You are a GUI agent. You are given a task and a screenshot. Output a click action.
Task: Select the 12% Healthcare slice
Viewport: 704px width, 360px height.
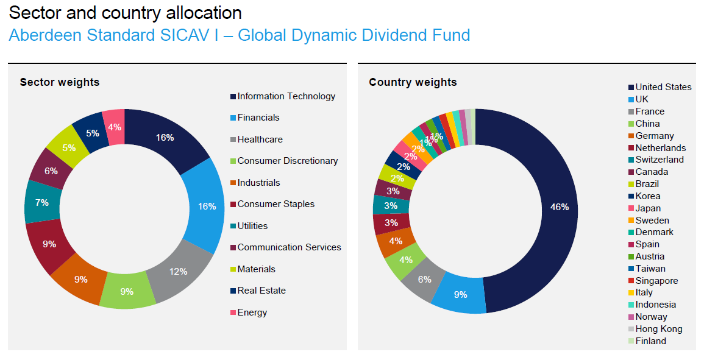click(178, 271)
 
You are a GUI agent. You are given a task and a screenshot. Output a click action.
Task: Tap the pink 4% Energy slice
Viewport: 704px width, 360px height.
click(114, 127)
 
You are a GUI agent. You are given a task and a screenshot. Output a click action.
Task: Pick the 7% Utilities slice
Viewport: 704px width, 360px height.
click(41, 202)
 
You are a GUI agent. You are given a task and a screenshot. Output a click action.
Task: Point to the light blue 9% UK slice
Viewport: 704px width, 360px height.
click(461, 294)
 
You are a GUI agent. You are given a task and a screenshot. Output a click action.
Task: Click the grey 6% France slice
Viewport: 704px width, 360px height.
click(424, 279)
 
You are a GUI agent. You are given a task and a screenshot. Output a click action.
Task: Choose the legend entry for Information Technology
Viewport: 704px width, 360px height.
click(286, 96)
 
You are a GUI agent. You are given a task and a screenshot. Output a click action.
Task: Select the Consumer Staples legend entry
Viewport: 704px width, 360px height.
click(276, 204)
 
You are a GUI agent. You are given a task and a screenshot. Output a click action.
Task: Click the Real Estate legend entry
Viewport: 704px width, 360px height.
click(261, 291)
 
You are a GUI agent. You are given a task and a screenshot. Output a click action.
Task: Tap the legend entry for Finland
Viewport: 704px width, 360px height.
click(650, 341)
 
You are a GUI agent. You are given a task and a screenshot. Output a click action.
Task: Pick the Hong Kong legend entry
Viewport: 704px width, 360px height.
click(658, 329)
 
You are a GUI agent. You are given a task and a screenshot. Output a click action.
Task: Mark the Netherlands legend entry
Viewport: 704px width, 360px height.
click(660, 148)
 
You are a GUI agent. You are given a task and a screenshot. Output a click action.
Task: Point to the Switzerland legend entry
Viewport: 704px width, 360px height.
click(660, 160)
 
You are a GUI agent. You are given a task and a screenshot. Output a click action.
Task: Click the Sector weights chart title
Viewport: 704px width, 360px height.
click(60, 82)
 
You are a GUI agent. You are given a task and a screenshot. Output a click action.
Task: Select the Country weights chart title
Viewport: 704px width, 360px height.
click(413, 82)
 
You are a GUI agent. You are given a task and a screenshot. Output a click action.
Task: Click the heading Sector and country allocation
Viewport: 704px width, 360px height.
click(125, 13)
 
